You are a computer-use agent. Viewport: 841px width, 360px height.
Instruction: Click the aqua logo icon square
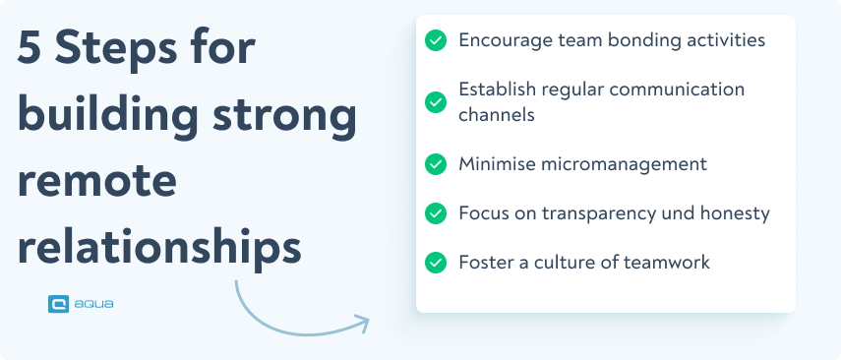58,304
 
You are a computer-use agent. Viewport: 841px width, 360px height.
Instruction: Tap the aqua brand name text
94,304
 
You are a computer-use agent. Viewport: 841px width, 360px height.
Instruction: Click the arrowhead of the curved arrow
362,321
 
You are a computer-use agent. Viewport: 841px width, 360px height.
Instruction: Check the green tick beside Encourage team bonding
436,40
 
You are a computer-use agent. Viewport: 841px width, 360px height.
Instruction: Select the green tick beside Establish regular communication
436,101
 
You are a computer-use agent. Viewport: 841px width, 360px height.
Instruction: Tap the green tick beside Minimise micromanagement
436,163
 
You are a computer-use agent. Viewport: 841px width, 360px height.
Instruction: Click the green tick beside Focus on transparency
436,212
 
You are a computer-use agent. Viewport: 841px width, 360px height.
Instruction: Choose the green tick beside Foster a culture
436,263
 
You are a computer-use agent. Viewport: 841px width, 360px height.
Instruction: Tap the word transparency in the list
587,213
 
